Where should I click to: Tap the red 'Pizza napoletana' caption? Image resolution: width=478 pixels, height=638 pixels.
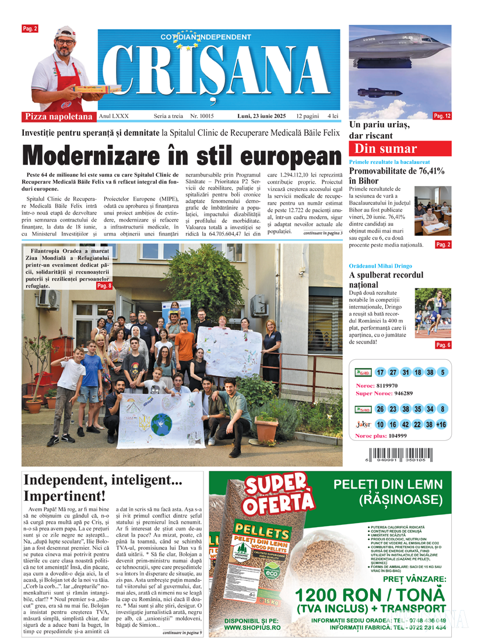59,117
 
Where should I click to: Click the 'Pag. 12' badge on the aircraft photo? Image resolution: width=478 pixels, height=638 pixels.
442,117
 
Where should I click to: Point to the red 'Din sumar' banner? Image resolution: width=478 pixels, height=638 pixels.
399,149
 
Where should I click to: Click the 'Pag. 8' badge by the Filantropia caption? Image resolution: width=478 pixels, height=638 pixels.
104,286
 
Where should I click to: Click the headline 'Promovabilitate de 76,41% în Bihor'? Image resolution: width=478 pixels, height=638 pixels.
396,176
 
